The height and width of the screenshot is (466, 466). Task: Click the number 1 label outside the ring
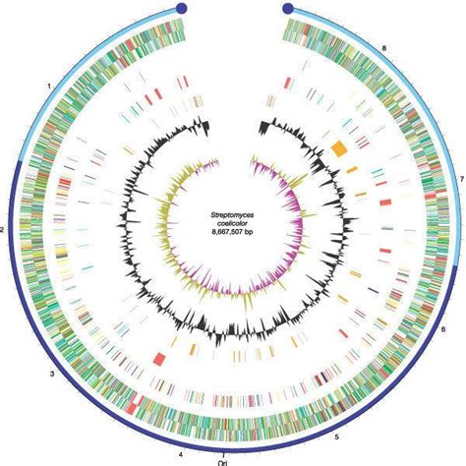coord(49,87)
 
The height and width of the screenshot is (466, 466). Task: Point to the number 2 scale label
coord(2,229)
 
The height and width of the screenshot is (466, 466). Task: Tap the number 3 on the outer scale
coord(51,374)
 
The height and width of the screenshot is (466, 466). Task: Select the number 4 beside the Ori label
coord(181,455)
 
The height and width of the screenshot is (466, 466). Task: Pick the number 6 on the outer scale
coord(443,329)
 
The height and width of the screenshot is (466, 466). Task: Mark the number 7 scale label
coord(462,179)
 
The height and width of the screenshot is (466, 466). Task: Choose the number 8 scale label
coord(384,48)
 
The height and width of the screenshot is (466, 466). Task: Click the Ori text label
coord(223,463)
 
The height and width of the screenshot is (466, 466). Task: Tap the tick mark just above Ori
coord(223,456)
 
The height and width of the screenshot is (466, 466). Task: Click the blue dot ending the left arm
coord(181,8)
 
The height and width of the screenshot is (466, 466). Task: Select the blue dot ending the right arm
coord(288,8)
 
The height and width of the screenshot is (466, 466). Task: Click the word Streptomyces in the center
coord(233,215)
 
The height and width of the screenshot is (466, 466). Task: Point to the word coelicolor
coord(233,223)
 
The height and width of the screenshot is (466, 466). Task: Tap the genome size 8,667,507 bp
coord(233,232)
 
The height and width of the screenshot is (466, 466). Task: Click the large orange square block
coord(338,148)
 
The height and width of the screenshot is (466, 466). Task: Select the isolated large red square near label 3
coord(160,358)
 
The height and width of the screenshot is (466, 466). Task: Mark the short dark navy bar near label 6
coord(374,290)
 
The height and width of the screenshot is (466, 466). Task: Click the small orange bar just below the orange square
coord(352,169)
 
